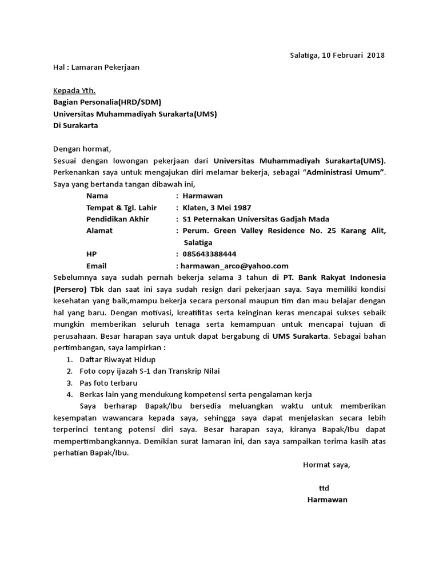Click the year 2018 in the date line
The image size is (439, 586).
pos(376,56)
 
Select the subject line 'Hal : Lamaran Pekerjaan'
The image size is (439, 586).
pos(96,67)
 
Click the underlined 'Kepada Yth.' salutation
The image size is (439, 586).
pos(74,90)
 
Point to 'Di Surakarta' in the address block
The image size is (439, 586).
pos(75,125)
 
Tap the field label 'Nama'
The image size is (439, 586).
pos(97,196)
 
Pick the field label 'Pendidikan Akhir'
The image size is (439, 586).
pos(117,219)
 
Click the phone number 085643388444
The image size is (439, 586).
pos(209,254)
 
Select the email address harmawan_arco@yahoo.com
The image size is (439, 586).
pos(234,266)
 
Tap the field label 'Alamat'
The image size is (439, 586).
pos(99,231)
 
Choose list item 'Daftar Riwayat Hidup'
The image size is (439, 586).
pos(117,359)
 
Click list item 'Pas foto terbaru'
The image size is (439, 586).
pos(109,382)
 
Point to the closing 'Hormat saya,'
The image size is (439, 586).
pos(326,464)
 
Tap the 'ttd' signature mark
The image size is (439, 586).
pos(324,488)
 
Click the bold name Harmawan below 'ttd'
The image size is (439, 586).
pos(327,500)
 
